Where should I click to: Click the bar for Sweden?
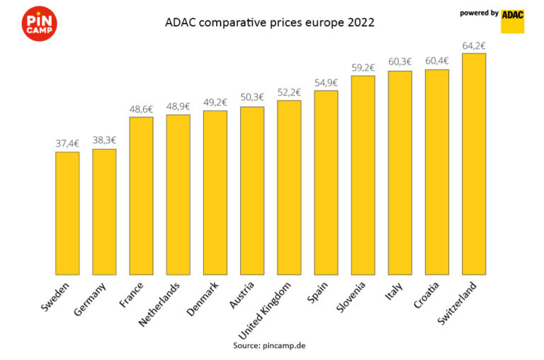(x=67, y=213)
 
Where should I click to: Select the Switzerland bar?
(x=473, y=164)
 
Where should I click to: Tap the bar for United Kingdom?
(x=289, y=187)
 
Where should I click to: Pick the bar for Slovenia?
(x=363, y=174)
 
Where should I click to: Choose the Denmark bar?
(x=215, y=192)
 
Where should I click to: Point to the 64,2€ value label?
(x=473, y=46)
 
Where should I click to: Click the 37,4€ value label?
(x=67, y=144)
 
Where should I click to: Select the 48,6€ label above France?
(x=141, y=109)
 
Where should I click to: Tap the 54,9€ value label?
(x=326, y=83)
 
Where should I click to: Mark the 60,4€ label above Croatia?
(x=436, y=62)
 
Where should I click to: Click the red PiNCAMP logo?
(x=40, y=23)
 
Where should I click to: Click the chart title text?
(x=270, y=23)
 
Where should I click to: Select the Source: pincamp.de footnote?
(x=269, y=345)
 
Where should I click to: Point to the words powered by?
(x=479, y=13)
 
